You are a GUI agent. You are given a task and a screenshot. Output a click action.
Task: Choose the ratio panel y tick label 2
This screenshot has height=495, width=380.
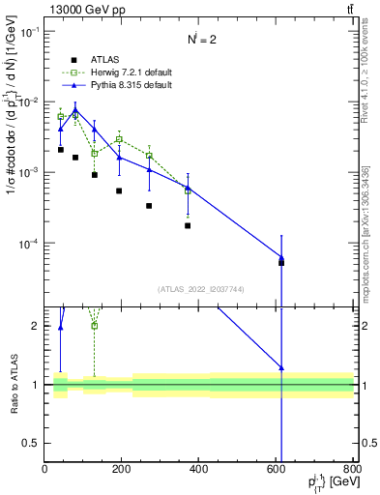click(x=36, y=326)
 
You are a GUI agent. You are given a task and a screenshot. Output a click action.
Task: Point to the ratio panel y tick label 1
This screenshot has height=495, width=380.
click(x=36, y=385)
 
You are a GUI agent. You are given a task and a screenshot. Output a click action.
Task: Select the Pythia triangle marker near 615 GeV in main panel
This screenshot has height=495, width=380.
click(x=281, y=258)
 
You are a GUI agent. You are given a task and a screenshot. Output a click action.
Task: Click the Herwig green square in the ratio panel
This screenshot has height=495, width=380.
click(x=95, y=325)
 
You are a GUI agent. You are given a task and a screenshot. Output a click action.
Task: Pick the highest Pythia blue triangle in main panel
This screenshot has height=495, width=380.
click(x=75, y=109)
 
